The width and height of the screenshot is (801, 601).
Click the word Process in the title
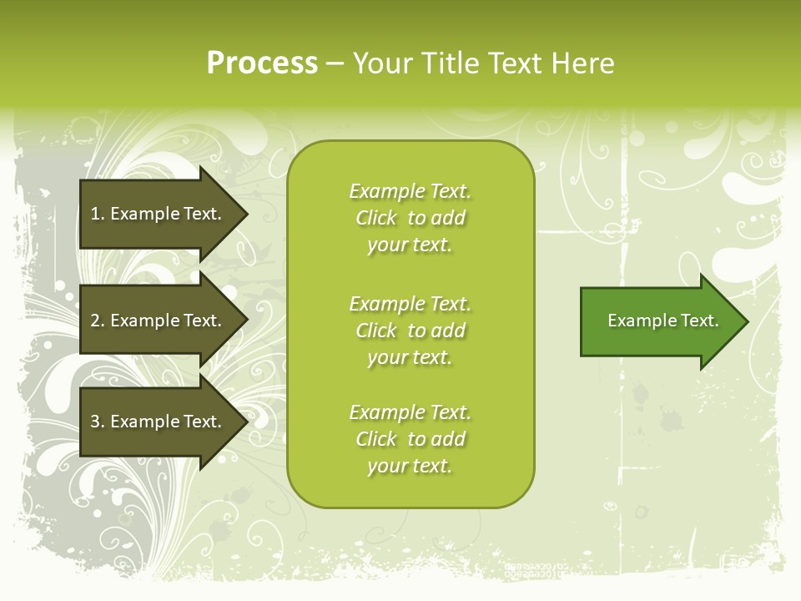coord(262,63)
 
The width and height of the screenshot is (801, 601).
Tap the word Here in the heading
coord(582,63)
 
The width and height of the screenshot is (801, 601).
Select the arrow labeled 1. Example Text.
coord(164,215)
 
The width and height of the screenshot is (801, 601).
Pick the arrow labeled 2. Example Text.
coord(164,320)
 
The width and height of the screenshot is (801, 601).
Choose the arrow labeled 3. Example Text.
coord(164,422)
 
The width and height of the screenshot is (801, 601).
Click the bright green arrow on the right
coord(665,321)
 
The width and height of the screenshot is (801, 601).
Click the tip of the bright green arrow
coord(748,321)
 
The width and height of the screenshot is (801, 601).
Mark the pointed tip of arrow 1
coord(248,215)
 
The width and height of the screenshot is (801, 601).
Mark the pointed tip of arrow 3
coord(248,422)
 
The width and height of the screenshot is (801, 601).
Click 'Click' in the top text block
coord(376,218)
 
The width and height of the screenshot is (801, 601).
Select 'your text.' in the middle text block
coord(410,358)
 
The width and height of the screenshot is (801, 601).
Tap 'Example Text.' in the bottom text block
coord(411,412)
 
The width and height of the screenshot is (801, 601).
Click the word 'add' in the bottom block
coord(448,439)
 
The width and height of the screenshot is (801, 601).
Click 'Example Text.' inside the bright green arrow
coord(663,321)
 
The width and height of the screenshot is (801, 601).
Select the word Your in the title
coord(383,63)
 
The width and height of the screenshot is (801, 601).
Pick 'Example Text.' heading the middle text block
coord(411,304)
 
